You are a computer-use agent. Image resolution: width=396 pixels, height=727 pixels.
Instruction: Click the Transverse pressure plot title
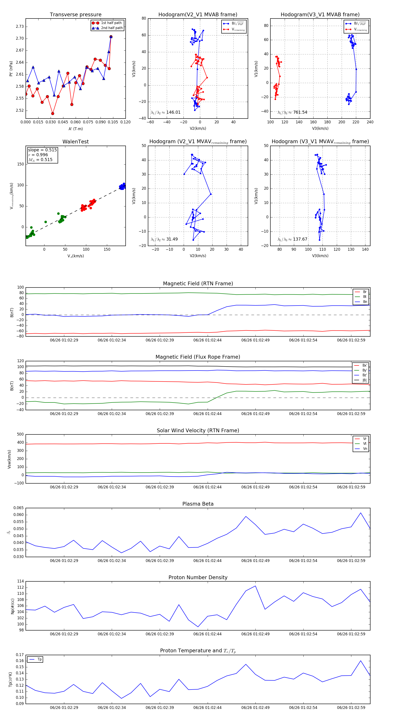pyautogui.click(x=75, y=15)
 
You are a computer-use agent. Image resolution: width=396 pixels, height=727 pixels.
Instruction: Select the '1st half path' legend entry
pyautogui.click(x=111, y=23)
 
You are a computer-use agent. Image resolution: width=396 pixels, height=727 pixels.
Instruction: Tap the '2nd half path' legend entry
pyautogui.click(x=112, y=28)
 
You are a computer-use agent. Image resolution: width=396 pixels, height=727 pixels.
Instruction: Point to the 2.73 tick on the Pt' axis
pyautogui.click(x=20, y=26)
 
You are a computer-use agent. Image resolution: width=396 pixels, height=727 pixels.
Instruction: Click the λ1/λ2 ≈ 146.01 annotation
pyautogui.click(x=165, y=112)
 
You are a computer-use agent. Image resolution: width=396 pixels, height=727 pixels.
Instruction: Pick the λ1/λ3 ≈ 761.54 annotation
pyautogui.click(x=292, y=112)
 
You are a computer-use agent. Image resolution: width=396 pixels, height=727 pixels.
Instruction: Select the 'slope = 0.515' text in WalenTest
pyautogui.click(x=42, y=150)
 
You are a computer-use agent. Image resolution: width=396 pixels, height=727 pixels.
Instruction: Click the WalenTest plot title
pyautogui.click(x=75, y=142)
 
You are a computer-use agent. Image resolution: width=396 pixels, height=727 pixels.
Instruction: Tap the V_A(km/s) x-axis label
pyautogui.click(x=75, y=256)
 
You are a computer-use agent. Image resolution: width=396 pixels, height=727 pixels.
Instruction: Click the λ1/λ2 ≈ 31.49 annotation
pyautogui.click(x=164, y=239)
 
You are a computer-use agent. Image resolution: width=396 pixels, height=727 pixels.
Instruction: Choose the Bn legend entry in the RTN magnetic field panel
pyautogui.click(x=365, y=302)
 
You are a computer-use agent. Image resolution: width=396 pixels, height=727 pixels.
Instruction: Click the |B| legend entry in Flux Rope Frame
pyautogui.click(x=365, y=380)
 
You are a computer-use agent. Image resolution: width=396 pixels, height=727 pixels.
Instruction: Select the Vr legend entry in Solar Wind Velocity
pyautogui.click(x=365, y=439)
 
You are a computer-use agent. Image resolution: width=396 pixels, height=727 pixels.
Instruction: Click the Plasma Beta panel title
pyautogui.click(x=198, y=504)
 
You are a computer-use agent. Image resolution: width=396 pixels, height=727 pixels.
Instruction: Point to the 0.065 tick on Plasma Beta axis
pyautogui.click(x=19, y=508)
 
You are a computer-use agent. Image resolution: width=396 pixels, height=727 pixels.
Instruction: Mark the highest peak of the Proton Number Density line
pyautogui.click(x=255, y=586)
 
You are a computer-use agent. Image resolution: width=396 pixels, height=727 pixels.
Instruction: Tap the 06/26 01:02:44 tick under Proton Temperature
pyautogui.click(x=207, y=708)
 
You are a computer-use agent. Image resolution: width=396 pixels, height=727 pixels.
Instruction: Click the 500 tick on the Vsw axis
pyautogui.click(x=20, y=434)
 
